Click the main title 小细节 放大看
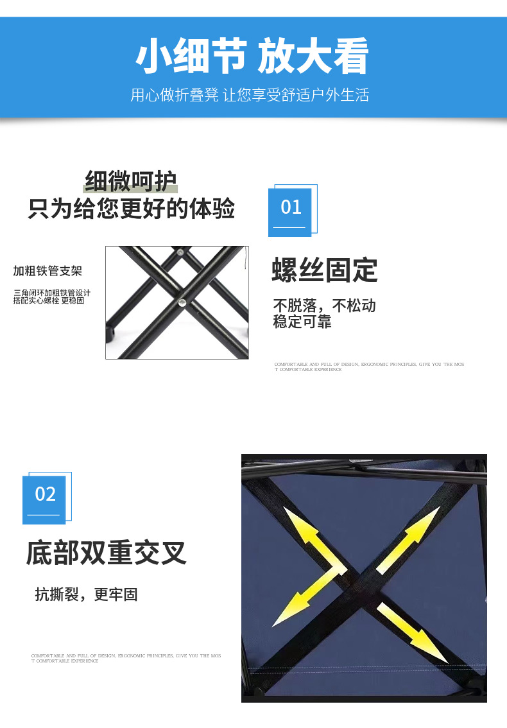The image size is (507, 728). [x=252, y=57]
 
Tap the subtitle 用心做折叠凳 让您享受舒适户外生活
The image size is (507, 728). [x=250, y=95]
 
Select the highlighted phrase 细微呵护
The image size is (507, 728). [x=130, y=181]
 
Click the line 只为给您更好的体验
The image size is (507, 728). [x=131, y=209]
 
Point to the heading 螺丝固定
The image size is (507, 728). [x=324, y=270]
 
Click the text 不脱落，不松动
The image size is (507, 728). [x=324, y=305]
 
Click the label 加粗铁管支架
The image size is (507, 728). [x=47, y=271]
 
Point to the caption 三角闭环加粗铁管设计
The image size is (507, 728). [x=51, y=293]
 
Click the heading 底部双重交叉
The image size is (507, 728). [x=106, y=553]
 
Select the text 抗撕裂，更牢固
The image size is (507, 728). [x=87, y=594]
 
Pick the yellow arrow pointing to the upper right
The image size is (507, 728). [x=408, y=539]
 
